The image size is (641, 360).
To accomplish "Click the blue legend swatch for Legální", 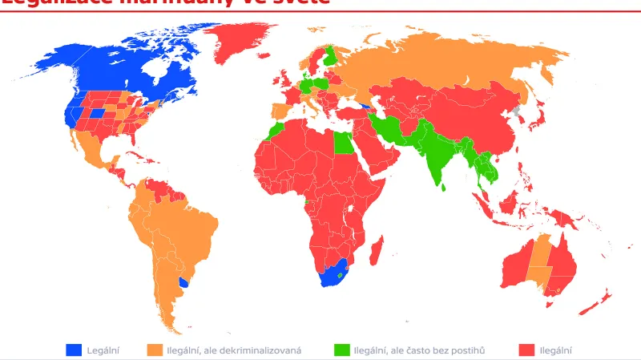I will (x=74, y=350).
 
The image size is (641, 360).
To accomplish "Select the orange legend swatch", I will (x=154, y=350).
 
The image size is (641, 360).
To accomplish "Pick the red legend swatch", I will (x=526, y=350).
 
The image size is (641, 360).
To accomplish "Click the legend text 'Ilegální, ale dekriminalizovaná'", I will (x=234, y=350).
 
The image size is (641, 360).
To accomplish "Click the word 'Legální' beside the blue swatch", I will (x=103, y=350).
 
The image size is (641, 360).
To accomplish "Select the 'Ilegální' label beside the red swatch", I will (x=555, y=350).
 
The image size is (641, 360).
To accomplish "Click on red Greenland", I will (x=240, y=40).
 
